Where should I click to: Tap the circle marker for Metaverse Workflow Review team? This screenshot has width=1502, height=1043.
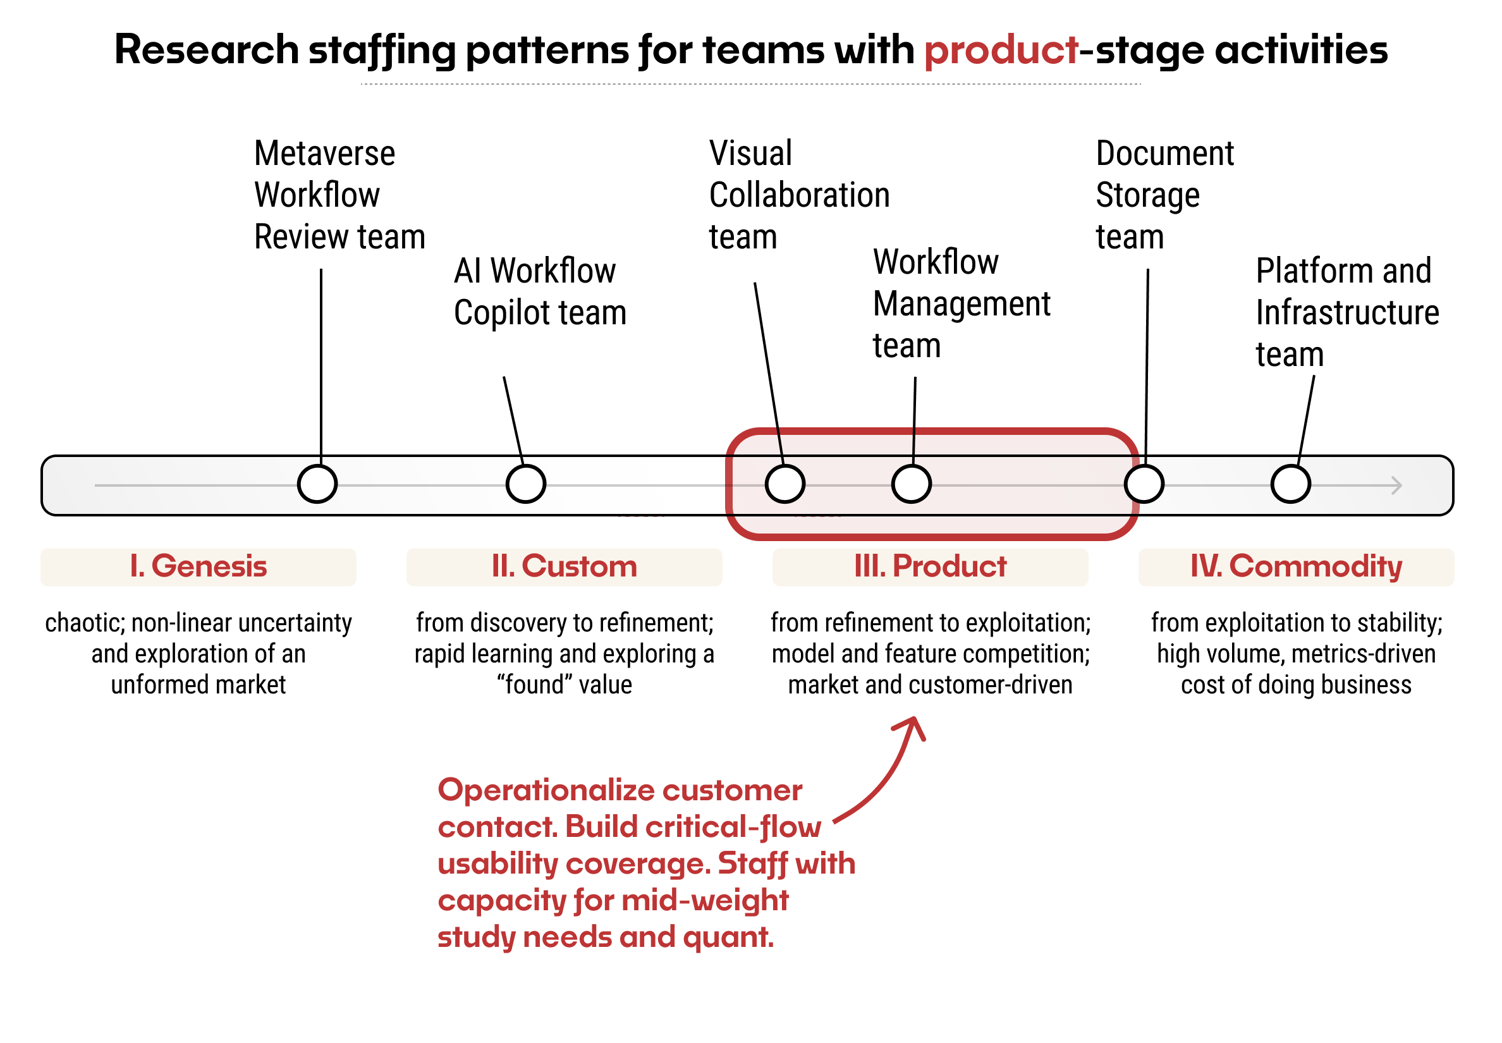coord(317,484)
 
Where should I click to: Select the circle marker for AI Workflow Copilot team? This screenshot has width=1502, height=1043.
coord(525,484)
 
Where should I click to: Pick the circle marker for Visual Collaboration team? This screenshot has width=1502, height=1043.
coord(785,484)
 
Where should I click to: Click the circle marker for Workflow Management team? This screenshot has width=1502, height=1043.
coord(911,484)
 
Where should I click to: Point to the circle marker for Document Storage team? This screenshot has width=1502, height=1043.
coord(1144,484)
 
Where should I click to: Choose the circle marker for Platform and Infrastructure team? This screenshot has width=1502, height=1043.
coord(1290,484)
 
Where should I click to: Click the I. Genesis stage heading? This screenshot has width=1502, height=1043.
coord(198,566)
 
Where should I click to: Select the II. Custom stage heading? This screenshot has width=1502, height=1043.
coord(563,566)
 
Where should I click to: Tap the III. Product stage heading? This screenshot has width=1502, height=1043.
coord(929,566)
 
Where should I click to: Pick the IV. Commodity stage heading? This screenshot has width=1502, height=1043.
coord(1295,566)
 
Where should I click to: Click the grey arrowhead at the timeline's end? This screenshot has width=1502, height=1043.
coord(1396,485)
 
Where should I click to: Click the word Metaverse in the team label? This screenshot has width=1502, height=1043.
coord(324,154)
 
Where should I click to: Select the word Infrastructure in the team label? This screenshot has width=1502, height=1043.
coord(1346,312)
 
